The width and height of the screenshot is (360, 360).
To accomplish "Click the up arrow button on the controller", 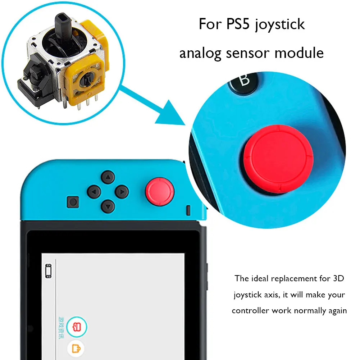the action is [x=108, y=177].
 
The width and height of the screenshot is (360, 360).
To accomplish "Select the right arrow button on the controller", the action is [x=122, y=192].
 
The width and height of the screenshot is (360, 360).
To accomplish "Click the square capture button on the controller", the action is [x=73, y=202].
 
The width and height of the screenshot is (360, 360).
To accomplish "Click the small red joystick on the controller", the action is [x=160, y=190].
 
